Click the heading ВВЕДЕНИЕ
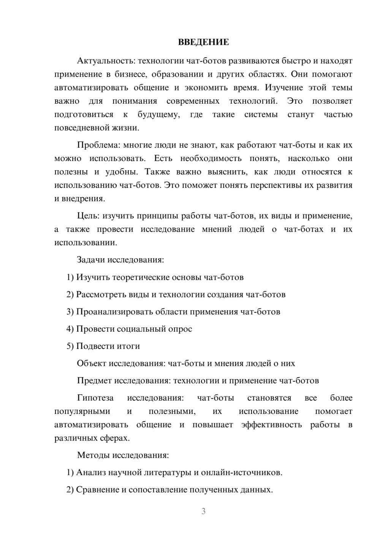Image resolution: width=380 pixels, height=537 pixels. (203, 42)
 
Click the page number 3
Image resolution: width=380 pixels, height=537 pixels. (203, 511)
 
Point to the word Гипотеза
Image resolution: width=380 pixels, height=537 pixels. (95, 398)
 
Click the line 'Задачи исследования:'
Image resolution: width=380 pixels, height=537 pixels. (120, 260)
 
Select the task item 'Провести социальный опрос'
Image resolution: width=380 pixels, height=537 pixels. (134, 329)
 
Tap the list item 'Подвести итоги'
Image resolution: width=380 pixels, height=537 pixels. (108, 346)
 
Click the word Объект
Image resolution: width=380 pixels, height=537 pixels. (92, 363)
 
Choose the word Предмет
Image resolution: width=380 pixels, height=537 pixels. (94, 381)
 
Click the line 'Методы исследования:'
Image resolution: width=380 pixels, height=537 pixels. (123, 455)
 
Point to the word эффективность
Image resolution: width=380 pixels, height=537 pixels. (271, 425)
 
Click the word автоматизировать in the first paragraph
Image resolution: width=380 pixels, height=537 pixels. (91, 88)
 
